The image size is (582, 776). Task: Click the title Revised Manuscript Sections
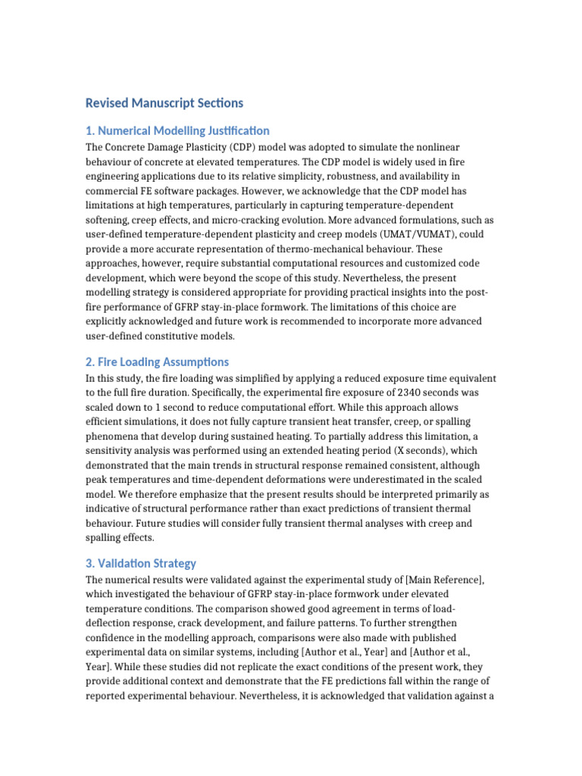(164, 102)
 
